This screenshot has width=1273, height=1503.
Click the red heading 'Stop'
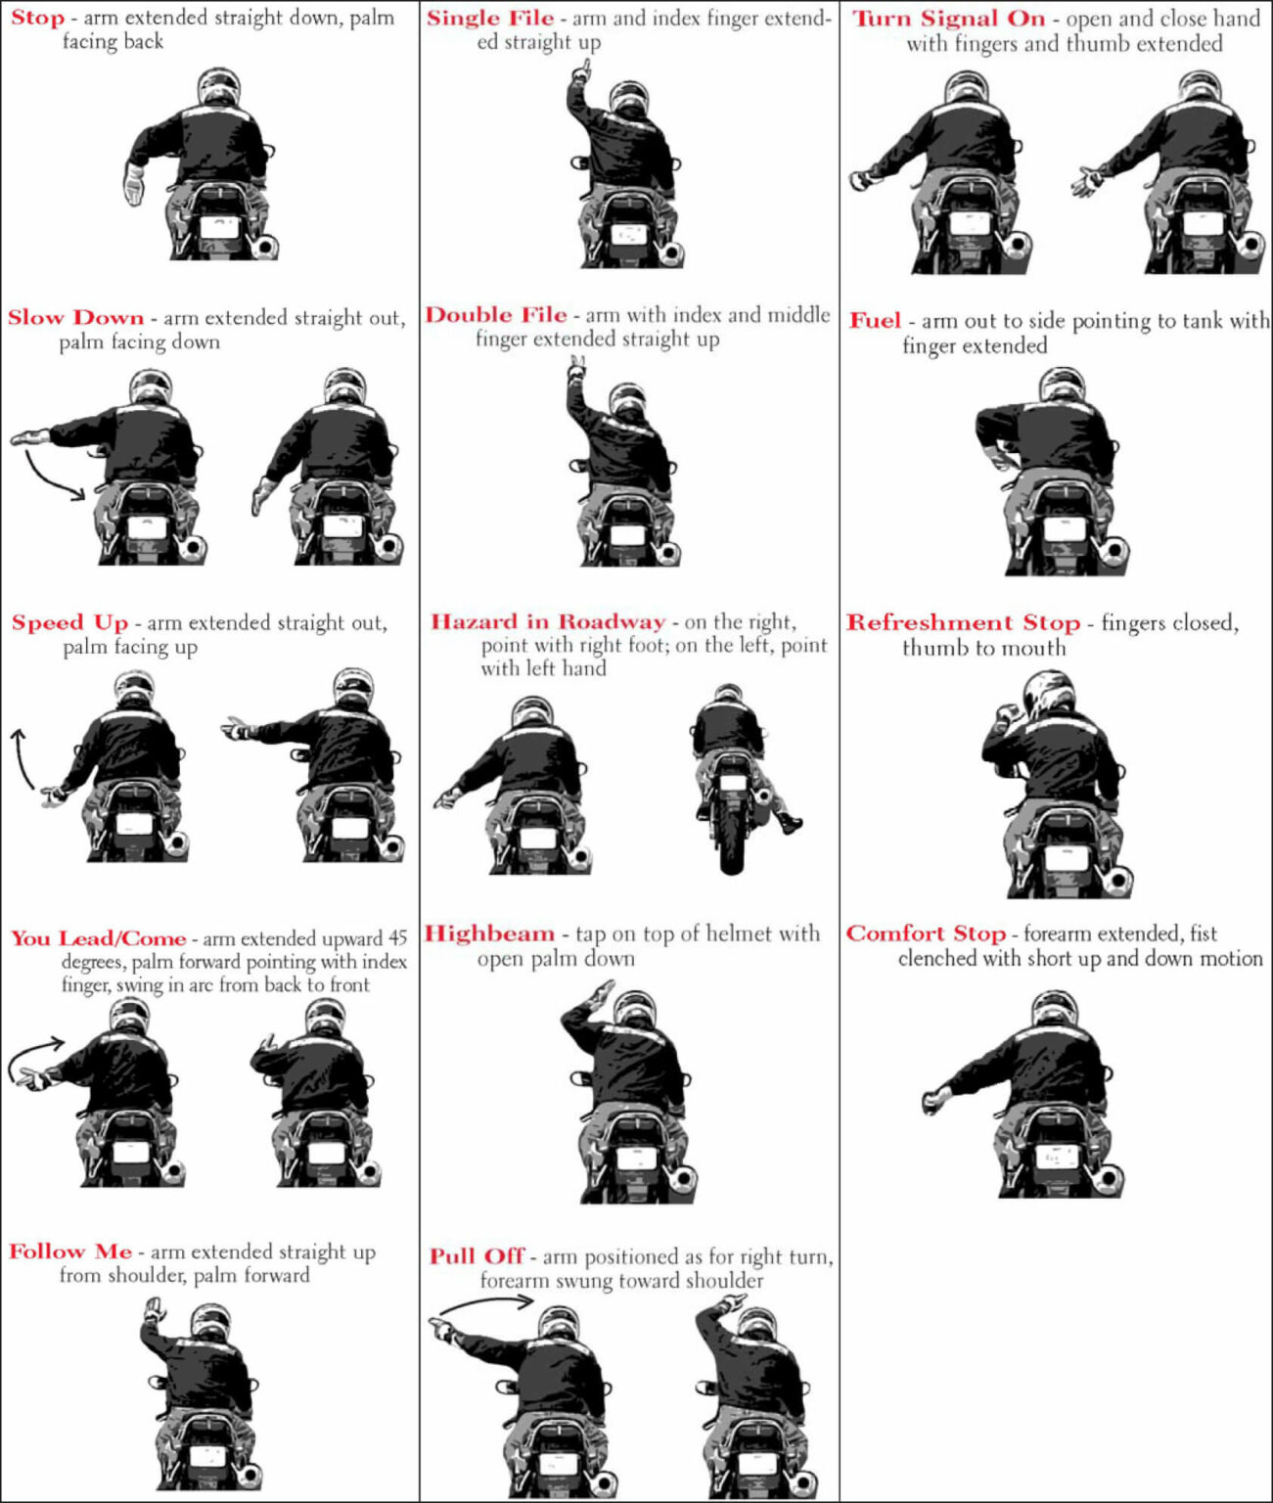point(37,18)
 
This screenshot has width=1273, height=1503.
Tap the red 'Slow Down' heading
point(75,318)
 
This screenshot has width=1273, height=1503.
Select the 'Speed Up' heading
point(69,623)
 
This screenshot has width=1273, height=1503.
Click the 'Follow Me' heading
point(70,1252)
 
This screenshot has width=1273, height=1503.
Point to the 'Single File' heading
point(489,18)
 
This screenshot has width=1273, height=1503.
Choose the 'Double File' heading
point(495,315)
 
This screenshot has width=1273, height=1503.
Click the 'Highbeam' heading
point(489,934)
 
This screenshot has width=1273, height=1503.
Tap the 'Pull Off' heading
point(477,1256)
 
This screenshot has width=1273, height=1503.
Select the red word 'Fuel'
point(875,321)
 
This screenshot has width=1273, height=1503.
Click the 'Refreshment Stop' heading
point(963,623)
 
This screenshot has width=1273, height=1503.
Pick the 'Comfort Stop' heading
point(926,934)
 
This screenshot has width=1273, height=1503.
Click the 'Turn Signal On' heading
point(948,19)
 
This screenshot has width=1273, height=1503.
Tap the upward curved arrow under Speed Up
point(21,758)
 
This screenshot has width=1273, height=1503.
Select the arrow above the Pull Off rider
point(486,1303)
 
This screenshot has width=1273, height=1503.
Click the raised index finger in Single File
point(585,70)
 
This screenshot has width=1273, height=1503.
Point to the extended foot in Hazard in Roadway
point(791,825)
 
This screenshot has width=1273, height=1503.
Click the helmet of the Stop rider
point(217,88)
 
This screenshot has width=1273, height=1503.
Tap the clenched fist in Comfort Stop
point(933,1101)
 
